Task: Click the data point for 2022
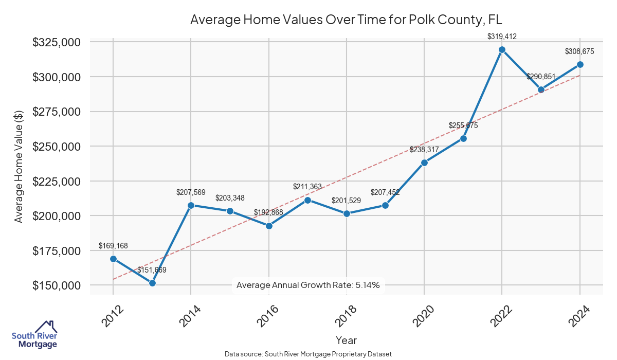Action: coord(502,50)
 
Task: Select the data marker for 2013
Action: coord(152,283)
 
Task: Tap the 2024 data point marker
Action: coord(580,64)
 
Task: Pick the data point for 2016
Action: coord(269,226)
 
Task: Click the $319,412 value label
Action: coord(502,37)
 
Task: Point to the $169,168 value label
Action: coord(113,246)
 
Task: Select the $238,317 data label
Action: coord(424,150)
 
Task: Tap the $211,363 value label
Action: coord(307,187)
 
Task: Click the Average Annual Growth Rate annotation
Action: coord(308,285)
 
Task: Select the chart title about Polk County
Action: coord(346,20)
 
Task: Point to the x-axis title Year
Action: coord(346,340)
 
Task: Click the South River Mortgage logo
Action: coord(34,335)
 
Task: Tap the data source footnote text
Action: coord(308,354)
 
